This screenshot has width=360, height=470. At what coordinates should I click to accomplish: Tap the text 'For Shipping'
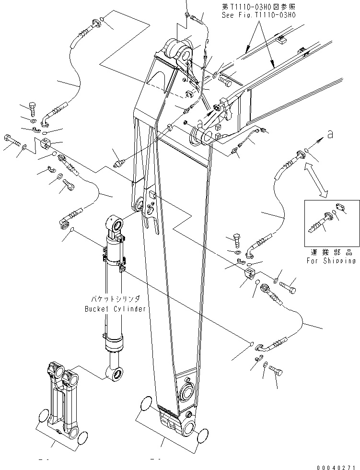332,261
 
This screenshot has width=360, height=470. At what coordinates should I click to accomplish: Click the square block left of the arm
46,143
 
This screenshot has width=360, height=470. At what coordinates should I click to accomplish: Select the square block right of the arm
251,275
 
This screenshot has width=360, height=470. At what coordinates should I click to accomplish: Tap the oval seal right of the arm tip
204,435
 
